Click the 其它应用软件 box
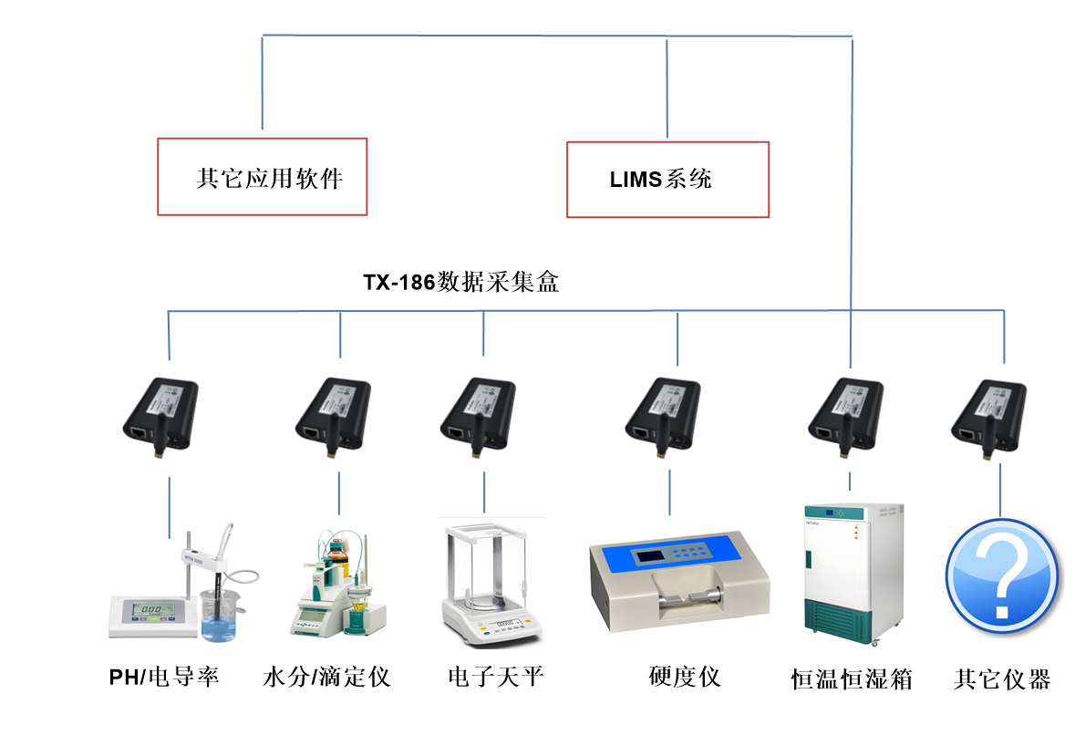pyautogui.click(x=263, y=177)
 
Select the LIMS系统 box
pyautogui.click(x=667, y=180)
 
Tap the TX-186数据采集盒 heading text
pyautogui.click(x=460, y=282)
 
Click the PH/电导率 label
pyautogui.click(x=164, y=678)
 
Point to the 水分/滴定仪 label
pyautogui.click(x=326, y=678)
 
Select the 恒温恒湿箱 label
pyautogui.click(x=852, y=679)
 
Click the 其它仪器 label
pyautogui.click(x=1002, y=679)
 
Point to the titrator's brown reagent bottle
pyautogui.click(x=339, y=556)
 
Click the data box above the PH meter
pyautogui.click(x=160, y=418)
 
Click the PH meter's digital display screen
pyautogui.click(x=152, y=609)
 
